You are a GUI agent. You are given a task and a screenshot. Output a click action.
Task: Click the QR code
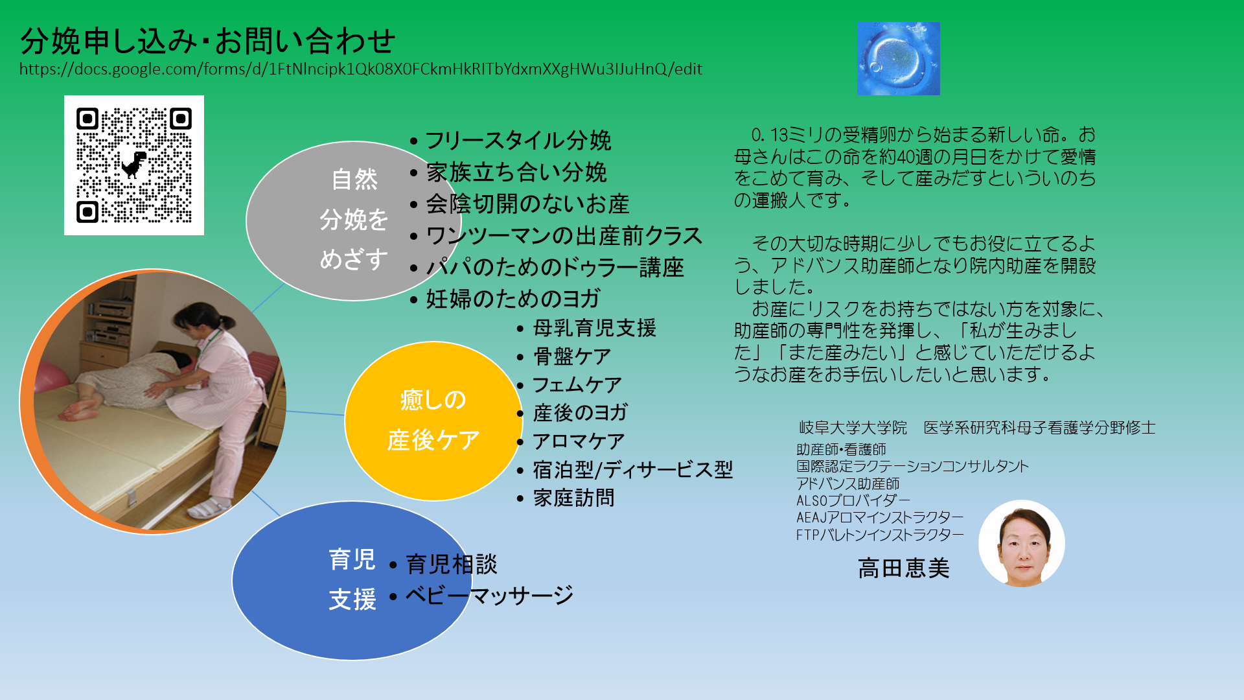tap(134, 165)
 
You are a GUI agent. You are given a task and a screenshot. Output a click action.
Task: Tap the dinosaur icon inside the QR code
tap(134, 164)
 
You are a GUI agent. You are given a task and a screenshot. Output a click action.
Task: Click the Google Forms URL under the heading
tap(361, 69)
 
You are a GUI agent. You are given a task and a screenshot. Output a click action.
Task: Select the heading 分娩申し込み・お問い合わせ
tap(208, 41)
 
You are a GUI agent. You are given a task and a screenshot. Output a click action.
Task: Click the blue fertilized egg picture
tap(898, 58)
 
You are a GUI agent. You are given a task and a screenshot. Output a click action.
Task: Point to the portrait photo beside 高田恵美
tap(1022, 543)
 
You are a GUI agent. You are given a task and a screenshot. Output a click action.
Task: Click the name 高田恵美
tap(904, 568)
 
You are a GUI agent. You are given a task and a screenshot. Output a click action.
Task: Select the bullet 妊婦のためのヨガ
tap(513, 299)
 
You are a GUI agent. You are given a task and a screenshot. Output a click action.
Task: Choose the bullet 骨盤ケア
tap(572, 356)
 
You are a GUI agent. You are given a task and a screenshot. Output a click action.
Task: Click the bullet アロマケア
tap(579, 441)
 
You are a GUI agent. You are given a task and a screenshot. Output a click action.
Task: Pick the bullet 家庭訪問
tap(574, 498)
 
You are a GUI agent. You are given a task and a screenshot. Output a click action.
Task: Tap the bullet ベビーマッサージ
tap(490, 595)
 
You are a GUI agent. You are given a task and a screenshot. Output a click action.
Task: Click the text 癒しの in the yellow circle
tap(433, 400)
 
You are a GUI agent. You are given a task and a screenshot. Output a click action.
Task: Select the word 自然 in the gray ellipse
tap(354, 180)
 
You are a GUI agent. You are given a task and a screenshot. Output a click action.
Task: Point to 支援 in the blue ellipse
tap(352, 600)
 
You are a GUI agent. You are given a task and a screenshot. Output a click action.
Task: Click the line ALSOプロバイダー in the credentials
tap(853, 500)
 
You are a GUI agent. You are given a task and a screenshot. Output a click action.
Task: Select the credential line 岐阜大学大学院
tap(853, 428)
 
